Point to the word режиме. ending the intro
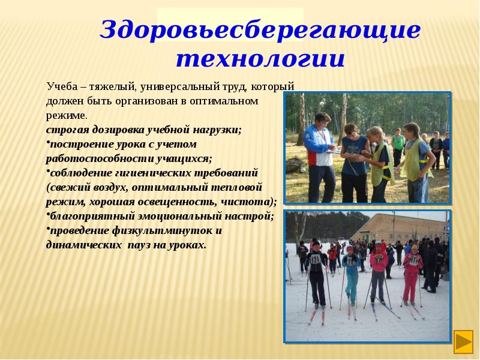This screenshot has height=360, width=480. click(67, 115)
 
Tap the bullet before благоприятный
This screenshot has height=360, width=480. click(47, 215)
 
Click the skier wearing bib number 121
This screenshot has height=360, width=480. click(316, 273)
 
